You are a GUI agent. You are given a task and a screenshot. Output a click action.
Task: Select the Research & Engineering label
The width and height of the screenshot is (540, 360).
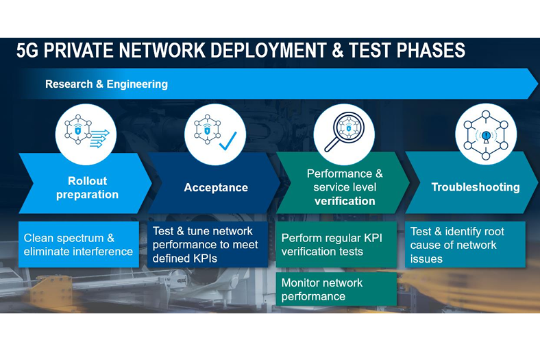pos(106,84)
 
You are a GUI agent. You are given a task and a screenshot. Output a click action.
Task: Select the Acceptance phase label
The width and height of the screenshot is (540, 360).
pos(216,187)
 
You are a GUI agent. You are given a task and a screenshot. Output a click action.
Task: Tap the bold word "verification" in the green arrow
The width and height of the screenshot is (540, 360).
pos(344,201)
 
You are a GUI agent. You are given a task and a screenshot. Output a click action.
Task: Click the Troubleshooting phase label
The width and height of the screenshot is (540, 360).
pos(475,187)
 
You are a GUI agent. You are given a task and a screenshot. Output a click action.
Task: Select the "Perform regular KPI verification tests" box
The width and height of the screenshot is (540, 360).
pos(336,245)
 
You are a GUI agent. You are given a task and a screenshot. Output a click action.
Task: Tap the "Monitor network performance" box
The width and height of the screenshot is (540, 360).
pos(336,289)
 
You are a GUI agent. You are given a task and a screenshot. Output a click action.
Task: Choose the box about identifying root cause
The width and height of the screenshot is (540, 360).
pos(465,245)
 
